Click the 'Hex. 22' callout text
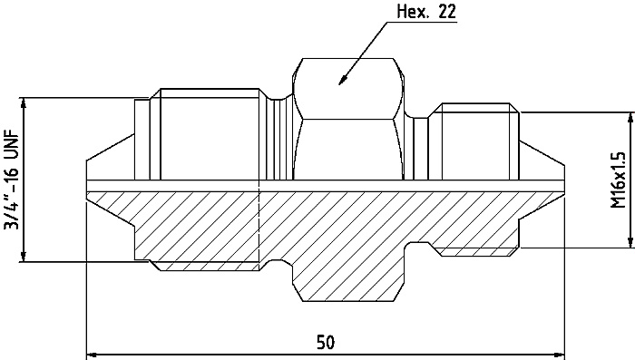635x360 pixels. tap(426, 11)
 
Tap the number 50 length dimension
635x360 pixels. tap(326, 342)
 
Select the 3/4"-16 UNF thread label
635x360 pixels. tap(11, 180)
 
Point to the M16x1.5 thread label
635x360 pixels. tap(618, 180)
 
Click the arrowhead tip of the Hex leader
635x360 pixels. tap(339, 85)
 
